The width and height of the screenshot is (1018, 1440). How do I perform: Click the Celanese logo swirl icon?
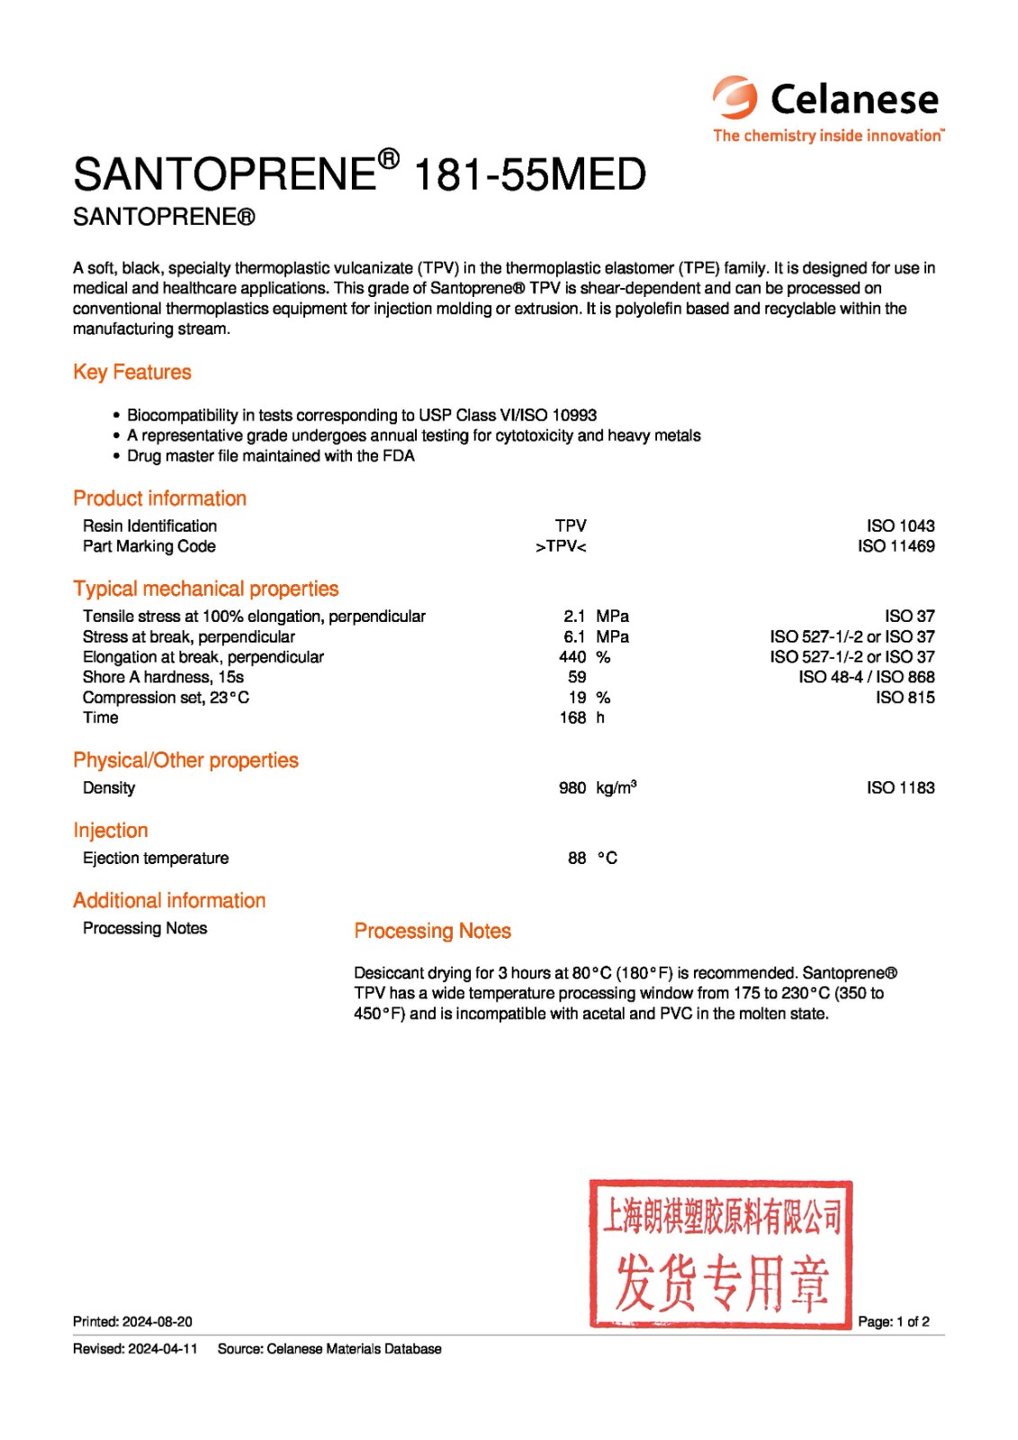coord(735,97)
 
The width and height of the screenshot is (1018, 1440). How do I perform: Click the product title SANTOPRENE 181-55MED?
coord(359,174)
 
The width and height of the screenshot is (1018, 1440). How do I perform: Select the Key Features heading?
coord(132,372)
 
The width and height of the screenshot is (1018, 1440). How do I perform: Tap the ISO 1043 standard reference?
coord(900,526)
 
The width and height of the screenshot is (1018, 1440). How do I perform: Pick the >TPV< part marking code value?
coord(561,546)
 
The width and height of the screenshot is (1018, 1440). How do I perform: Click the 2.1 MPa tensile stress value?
coord(574,616)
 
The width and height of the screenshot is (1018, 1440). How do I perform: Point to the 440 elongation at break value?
coord(572,657)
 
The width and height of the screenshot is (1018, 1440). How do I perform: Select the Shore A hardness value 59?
coord(577,677)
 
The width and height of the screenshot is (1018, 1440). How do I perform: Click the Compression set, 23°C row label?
coord(166,697)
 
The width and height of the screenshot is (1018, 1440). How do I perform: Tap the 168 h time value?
coord(573,717)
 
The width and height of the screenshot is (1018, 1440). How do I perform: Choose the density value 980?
coord(572,787)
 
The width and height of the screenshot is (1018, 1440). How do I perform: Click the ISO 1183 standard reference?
coord(900,787)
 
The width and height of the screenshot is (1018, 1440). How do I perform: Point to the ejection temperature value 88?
coord(577,858)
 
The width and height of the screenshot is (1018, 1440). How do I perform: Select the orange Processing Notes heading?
coord(432,931)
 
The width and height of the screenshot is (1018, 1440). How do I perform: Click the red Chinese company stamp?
coord(721,1254)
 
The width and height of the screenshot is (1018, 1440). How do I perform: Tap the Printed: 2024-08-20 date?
coord(132,1321)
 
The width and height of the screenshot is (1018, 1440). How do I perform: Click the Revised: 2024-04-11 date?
coord(135,1348)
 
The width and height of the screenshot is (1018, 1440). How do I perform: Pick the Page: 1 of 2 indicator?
coord(894,1321)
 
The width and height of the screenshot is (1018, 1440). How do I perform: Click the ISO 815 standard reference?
coord(905,697)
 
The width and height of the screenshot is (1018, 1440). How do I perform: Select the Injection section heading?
coord(111,830)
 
